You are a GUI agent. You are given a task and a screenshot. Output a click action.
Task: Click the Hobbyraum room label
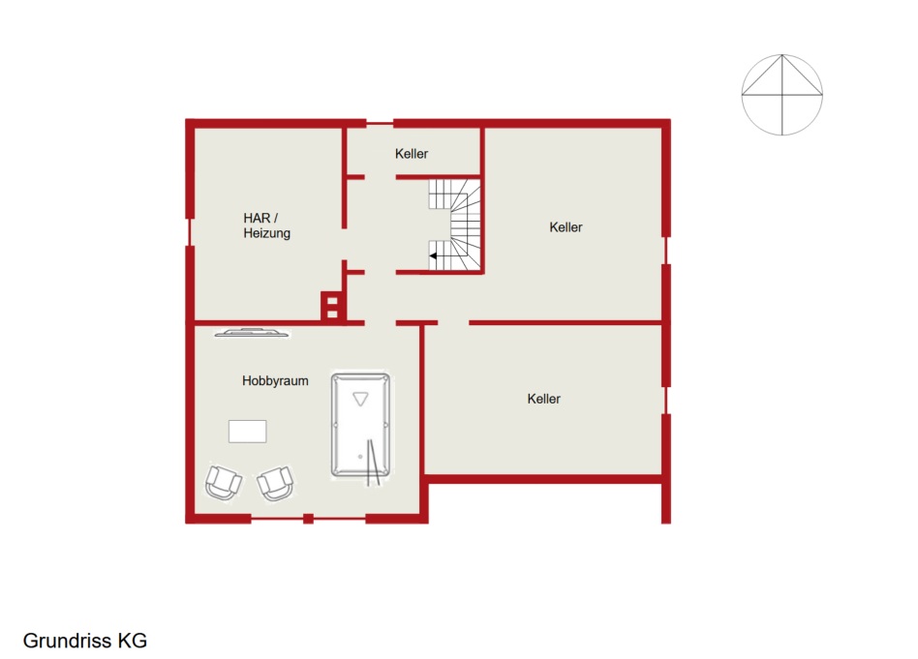[x=275, y=381]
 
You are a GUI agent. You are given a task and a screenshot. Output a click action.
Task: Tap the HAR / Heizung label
[x=266, y=225]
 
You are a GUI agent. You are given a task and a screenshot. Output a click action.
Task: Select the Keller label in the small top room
[x=411, y=154]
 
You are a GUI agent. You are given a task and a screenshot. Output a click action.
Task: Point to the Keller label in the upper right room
[x=566, y=227]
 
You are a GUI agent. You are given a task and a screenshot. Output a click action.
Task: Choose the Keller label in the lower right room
[x=544, y=399]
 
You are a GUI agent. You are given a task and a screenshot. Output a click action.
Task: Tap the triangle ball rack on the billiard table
[x=360, y=399]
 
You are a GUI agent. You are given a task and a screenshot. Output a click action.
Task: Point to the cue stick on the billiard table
[x=373, y=463]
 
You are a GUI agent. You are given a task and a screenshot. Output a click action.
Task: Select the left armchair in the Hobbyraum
[x=223, y=482]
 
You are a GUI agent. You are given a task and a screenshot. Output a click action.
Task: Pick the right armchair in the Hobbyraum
[x=275, y=484]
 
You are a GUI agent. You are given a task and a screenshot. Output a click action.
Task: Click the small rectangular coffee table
[x=248, y=432]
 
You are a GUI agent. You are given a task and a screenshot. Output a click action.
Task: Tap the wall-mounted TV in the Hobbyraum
[x=252, y=333]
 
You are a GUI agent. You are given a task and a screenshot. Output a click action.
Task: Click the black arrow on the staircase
[x=433, y=255]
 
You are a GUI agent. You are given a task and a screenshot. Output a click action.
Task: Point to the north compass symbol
[x=782, y=95]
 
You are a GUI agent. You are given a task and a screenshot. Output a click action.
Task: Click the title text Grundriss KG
[x=85, y=641]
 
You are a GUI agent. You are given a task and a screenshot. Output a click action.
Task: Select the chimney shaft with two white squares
[x=332, y=306]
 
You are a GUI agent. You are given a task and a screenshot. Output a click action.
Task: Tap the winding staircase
[x=455, y=225]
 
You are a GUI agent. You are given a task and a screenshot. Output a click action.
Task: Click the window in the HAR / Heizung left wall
[x=189, y=231]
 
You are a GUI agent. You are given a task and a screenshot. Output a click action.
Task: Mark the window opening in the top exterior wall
[x=380, y=123]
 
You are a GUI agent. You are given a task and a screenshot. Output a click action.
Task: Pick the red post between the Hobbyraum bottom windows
[x=309, y=519]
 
